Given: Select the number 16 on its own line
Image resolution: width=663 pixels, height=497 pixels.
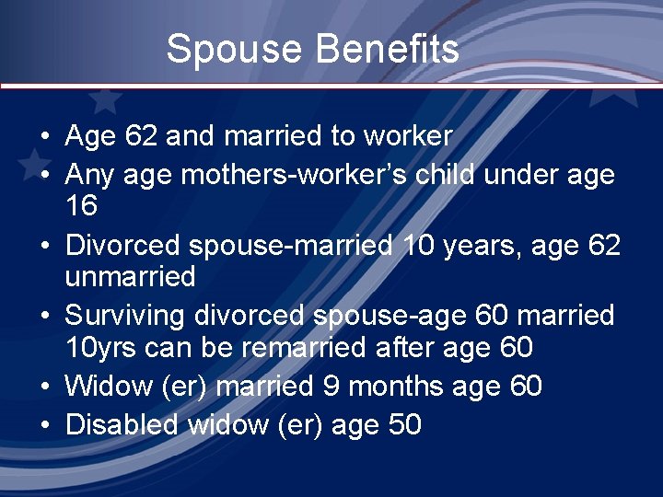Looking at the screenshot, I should click(x=81, y=205).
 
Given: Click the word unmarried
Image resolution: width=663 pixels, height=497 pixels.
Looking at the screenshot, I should click(x=130, y=276).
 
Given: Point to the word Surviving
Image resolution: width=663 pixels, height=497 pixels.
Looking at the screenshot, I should click(x=125, y=316).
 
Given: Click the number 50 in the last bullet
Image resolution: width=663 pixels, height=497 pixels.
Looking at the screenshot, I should click(x=402, y=424).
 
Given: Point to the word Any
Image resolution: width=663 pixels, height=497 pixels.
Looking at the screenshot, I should click(x=88, y=174).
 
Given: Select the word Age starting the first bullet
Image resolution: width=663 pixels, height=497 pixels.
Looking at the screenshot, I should click(x=90, y=136).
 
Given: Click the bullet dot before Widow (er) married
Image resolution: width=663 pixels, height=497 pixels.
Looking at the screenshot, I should click(x=44, y=387).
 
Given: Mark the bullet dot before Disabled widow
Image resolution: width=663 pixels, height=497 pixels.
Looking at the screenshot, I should click(x=44, y=425).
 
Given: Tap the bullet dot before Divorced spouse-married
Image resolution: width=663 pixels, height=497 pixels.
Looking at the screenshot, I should click(x=44, y=247).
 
